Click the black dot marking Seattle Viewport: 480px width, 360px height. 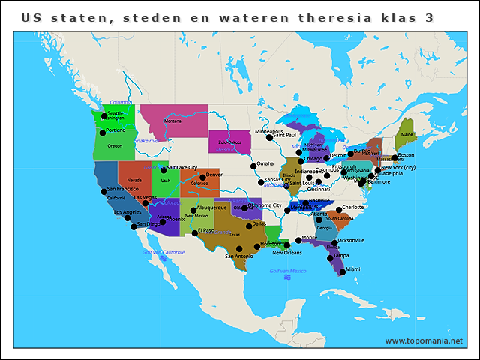(x=104, y=116)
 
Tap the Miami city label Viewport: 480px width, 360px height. (x=352, y=269)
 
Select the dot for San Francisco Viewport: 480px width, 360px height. (x=103, y=192)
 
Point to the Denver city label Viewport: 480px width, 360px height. (x=214, y=175)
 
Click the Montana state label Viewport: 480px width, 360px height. (x=172, y=121)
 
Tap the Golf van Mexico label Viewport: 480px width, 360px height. (x=288, y=271)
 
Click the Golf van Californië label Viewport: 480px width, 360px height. (x=163, y=252)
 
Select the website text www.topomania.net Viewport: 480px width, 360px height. (x=424, y=340)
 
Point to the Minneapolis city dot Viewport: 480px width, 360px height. (x=270, y=138)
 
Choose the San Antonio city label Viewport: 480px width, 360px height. (x=240, y=256)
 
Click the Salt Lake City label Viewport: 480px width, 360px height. (x=182, y=168)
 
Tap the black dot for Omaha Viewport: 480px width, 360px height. (x=253, y=166)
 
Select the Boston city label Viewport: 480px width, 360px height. (x=406, y=155)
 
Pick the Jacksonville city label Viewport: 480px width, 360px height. (x=351, y=240)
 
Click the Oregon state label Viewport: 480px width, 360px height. (x=114, y=146)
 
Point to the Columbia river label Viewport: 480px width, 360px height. (x=120, y=102)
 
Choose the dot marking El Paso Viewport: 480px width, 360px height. (x=195, y=233)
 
